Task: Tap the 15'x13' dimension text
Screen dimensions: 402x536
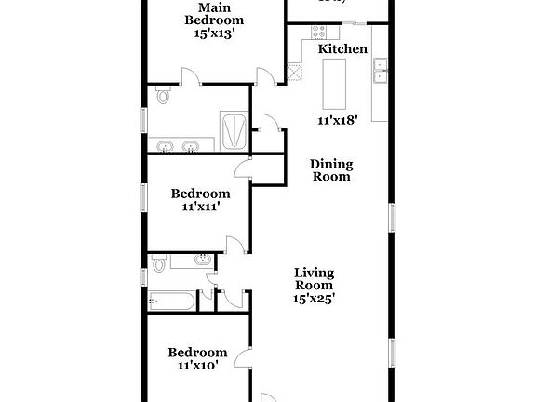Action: [214, 33]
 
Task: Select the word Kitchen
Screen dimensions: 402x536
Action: [342, 48]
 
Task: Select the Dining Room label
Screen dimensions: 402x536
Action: [331, 169]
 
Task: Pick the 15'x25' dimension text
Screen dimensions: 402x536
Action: [315, 299]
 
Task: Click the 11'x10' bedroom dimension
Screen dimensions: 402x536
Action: [196, 367]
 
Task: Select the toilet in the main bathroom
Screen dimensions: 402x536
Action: [165, 95]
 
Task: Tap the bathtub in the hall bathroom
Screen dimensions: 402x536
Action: [172, 301]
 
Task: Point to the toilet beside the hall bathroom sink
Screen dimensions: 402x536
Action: [159, 264]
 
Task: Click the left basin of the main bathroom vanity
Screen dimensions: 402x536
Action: [167, 146]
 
